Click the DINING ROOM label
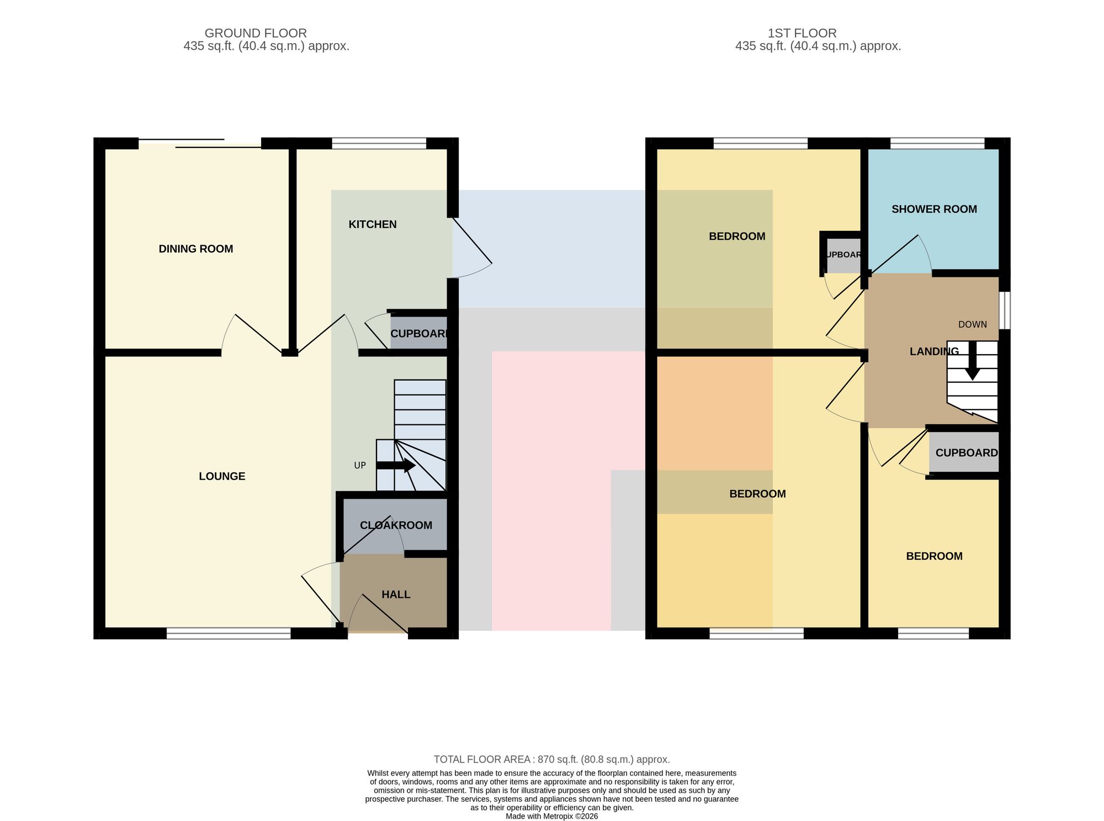pos(196,249)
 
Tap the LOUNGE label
pos(222,476)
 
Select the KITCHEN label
pos(373,224)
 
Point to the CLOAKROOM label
pos(396,525)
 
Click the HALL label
pos(396,594)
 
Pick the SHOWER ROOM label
pos(934,209)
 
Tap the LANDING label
pos(934,351)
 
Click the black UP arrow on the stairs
pos(396,465)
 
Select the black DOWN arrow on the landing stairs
pos(972,360)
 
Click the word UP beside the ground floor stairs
pos(360,466)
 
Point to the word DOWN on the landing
pos(973,325)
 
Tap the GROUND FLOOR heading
pos(256,33)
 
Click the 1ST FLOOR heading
pos(802,33)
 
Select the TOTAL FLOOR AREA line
pos(552,760)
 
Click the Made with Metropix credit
pos(552,816)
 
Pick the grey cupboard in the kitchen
pos(418,333)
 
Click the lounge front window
pos(229,634)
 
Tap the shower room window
pos(937,144)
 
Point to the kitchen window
pos(379,144)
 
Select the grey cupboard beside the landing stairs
pos(964,452)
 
